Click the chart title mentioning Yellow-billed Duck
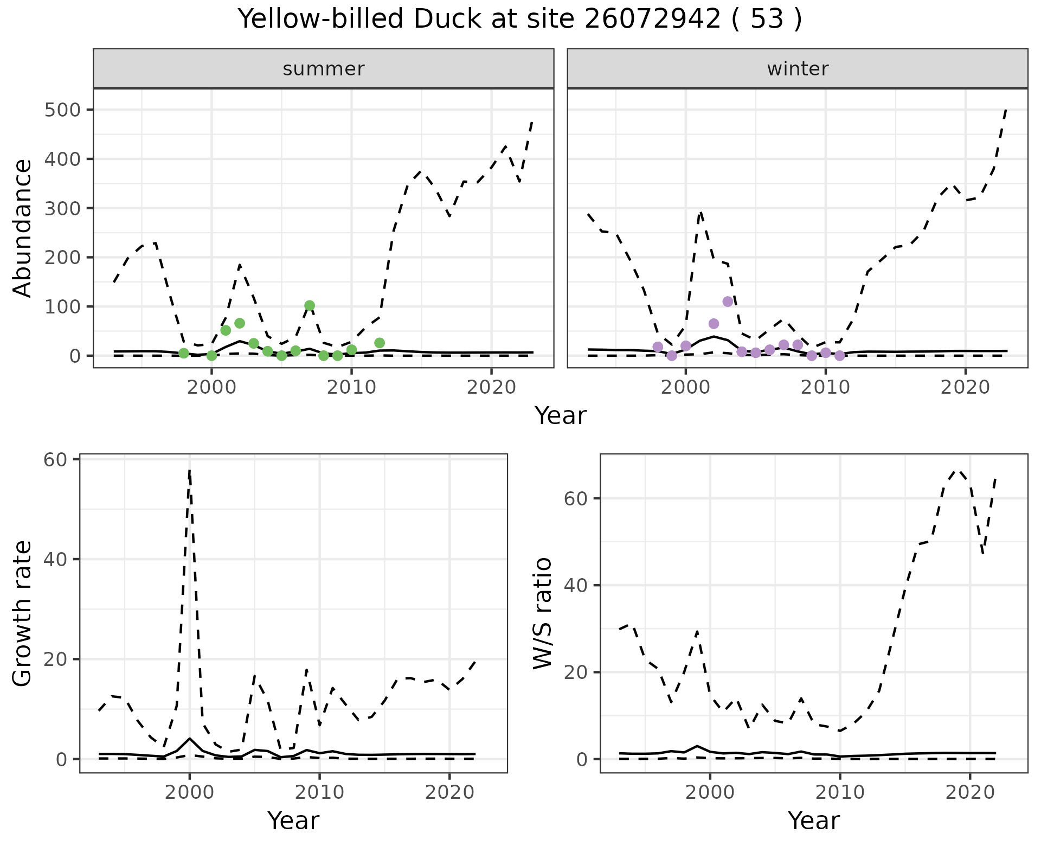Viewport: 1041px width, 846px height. [x=520, y=20]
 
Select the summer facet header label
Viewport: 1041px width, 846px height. [x=324, y=69]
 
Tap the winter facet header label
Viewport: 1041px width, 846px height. [x=798, y=69]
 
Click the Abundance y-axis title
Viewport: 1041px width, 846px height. [x=23, y=228]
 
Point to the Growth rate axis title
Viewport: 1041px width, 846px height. [x=23, y=613]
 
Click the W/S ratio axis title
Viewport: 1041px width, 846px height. [x=543, y=613]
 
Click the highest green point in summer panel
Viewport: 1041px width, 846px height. [x=310, y=306]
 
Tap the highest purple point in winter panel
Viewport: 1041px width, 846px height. [x=728, y=302]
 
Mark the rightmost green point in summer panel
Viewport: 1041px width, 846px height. [x=380, y=343]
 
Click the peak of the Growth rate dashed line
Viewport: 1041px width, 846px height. [x=189, y=470]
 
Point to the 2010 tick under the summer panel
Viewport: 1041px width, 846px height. [x=351, y=388]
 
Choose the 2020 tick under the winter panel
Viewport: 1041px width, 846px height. [x=965, y=388]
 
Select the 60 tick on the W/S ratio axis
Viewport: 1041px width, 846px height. [x=576, y=498]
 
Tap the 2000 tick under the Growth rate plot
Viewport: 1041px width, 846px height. [x=189, y=792]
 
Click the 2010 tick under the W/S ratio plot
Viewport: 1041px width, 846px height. [x=840, y=792]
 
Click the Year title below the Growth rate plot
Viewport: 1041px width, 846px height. [x=293, y=821]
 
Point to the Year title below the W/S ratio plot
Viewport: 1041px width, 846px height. [x=814, y=821]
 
